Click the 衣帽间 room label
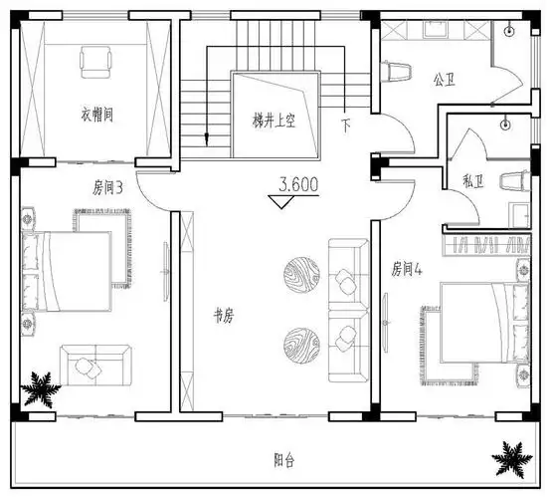tap(96, 116)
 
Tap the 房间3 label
tap(107, 186)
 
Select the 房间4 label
tap(408, 268)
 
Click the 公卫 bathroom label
tap(444, 78)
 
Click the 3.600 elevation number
tap(299, 184)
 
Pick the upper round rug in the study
tap(301, 273)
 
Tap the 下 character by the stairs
tap(346, 125)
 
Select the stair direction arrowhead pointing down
tap(206, 139)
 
